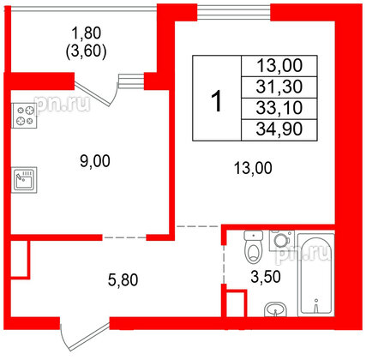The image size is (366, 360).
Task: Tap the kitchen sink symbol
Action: click(23, 181)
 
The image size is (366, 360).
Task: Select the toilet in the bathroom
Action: click(251, 249)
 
